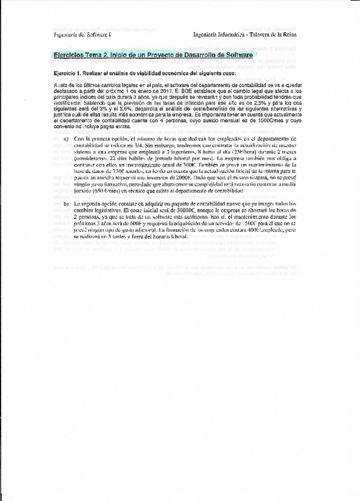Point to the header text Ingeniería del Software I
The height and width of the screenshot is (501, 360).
tap(77, 35)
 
